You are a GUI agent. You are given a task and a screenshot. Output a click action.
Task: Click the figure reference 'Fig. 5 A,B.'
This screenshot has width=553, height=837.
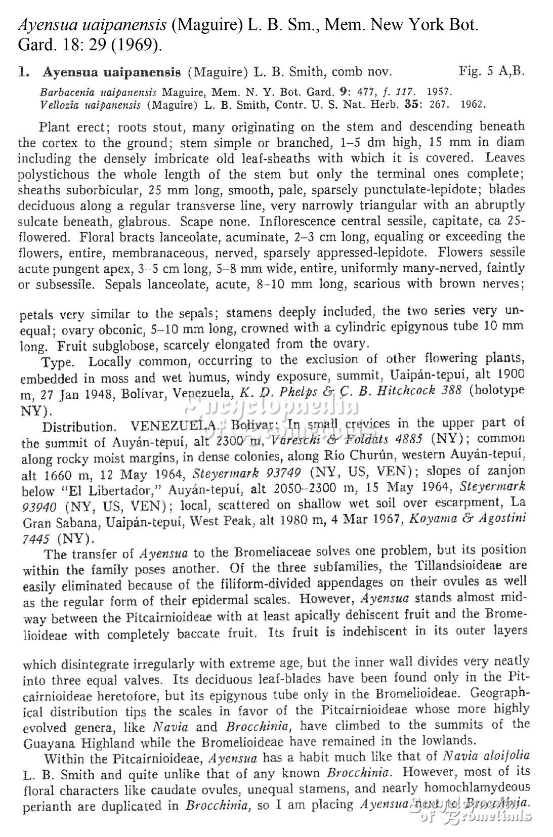click(491, 71)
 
